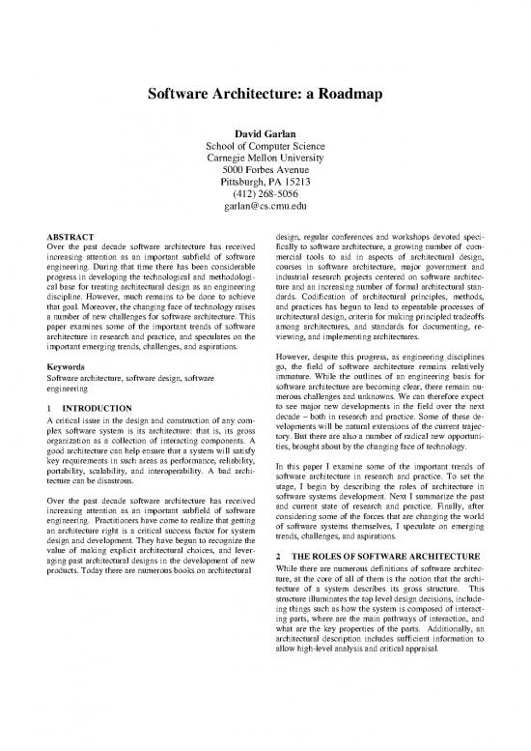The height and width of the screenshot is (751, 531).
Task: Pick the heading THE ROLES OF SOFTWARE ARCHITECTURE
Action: click(x=388, y=558)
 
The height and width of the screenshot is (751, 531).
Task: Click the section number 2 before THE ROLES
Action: click(x=278, y=558)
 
